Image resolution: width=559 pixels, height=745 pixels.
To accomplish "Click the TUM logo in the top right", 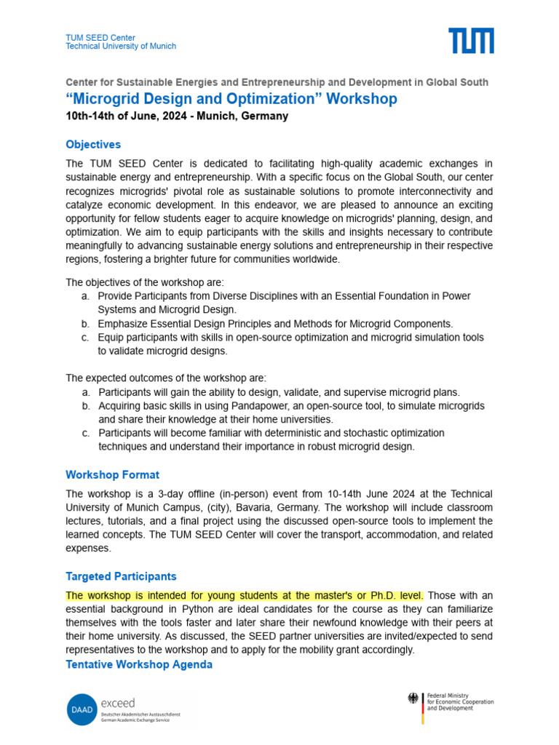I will point(471,41).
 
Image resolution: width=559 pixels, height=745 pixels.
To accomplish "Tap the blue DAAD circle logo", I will point(80,709).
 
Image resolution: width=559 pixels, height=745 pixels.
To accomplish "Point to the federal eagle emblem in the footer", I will point(413,698).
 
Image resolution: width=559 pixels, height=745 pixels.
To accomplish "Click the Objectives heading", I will point(93,145).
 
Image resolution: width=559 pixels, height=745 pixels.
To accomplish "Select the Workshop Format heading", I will point(112,475).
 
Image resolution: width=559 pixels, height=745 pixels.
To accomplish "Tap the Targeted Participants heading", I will point(121,576).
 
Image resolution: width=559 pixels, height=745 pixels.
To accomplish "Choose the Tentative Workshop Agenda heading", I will point(139,664).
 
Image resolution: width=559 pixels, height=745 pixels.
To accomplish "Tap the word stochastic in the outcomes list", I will point(352,433).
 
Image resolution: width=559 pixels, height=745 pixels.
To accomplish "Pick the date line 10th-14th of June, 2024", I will point(177,116).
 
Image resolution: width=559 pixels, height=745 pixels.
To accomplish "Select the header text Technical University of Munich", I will point(121,47).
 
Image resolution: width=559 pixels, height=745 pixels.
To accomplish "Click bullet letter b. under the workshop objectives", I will point(85,324).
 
